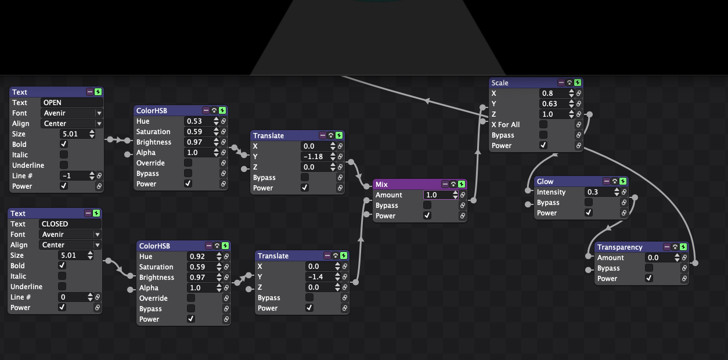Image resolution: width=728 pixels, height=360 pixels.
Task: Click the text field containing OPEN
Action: pyautogui.click(x=71, y=102)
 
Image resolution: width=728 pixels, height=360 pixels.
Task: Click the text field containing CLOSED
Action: pyautogui.click(x=70, y=224)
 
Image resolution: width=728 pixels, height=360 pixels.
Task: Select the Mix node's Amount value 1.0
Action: pyautogui.click(x=437, y=195)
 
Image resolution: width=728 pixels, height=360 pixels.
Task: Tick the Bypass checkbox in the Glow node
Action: pyautogui.click(x=588, y=202)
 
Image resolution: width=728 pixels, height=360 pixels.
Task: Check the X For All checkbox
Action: pyautogui.click(x=543, y=125)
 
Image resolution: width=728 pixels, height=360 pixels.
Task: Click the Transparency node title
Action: pyautogui.click(x=620, y=247)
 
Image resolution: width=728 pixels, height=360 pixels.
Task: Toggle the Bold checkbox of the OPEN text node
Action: pyautogui.click(x=64, y=144)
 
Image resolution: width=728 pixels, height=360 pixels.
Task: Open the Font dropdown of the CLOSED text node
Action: pyautogui.click(x=70, y=234)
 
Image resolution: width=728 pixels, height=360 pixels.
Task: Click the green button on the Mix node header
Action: pyautogui.click(x=462, y=185)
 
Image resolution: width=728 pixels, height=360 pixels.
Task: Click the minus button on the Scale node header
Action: pyautogui.click(x=561, y=82)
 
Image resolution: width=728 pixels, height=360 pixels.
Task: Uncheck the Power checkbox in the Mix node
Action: pyautogui.click(x=427, y=215)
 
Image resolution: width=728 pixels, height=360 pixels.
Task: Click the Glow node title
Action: pyautogui.click(x=545, y=182)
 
